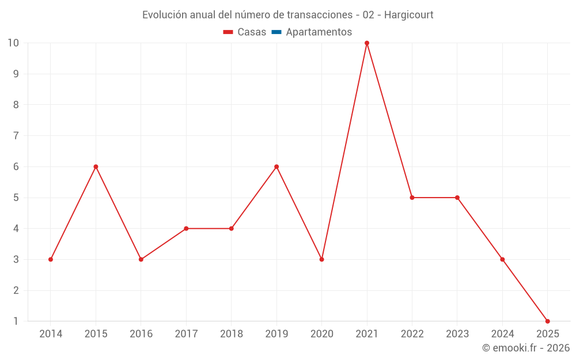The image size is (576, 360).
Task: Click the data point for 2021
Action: (367, 43)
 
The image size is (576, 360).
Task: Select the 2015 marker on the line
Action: (96, 166)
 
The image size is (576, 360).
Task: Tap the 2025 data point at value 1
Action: (547, 321)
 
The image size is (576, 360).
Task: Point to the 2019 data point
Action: (276, 166)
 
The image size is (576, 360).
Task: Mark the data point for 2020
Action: (321, 259)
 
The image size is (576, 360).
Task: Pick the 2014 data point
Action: (51, 259)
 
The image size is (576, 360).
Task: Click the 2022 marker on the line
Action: (412, 198)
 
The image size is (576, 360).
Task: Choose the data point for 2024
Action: (502, 259)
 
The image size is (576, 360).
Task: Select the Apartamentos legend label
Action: (319, 32)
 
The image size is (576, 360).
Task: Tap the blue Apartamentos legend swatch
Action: (276, 32)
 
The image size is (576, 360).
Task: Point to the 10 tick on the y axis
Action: (13, 43)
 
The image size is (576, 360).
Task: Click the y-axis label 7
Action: (16, 136)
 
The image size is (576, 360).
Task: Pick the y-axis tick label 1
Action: (16, 321)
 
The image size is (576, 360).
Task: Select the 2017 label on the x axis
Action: (186, 334)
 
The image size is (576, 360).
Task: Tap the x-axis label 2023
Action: (457, 334)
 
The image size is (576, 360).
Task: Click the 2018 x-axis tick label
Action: (232, 334)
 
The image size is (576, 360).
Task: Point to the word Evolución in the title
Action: (165, 15)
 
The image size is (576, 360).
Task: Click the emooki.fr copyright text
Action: (526, 348)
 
